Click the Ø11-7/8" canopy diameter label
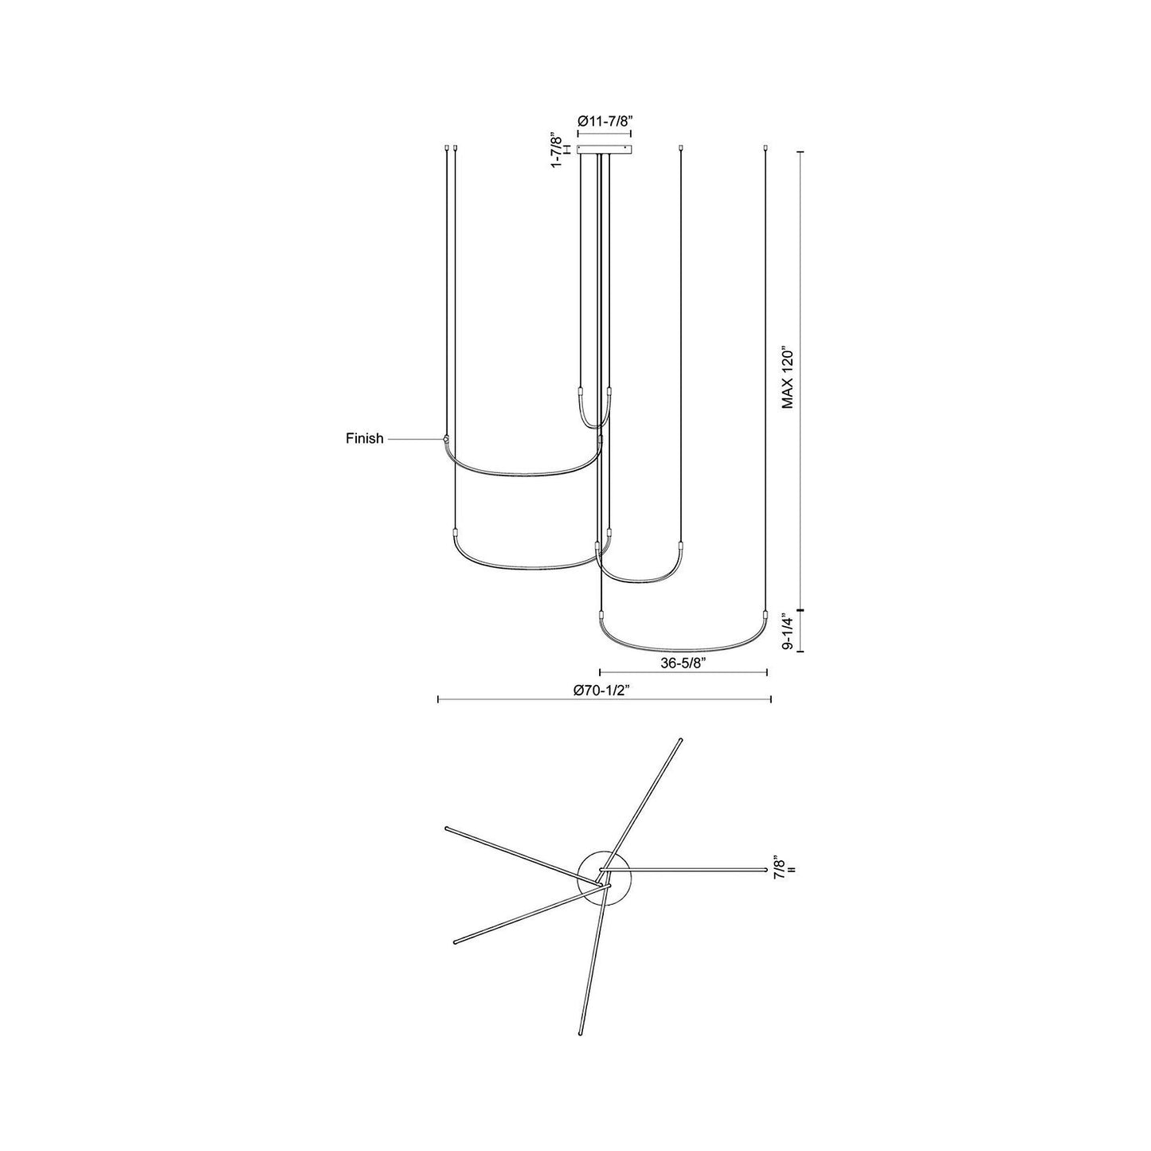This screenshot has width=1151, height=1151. click(x=605, y=121)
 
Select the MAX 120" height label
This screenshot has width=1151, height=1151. click(x=788, y=377)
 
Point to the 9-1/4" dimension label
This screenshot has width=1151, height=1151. click(x=788, y=632)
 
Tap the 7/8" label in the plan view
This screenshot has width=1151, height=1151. click(x=780, y=867)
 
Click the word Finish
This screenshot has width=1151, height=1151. click(x=364, y=438)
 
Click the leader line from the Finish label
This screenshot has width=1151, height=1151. click(x=414, y=438)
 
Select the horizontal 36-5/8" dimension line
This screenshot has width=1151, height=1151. click(x=683, y=672)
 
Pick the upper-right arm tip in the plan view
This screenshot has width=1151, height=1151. click(x=680, y=740)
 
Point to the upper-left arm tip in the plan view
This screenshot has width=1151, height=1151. click(x=446, y=828)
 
